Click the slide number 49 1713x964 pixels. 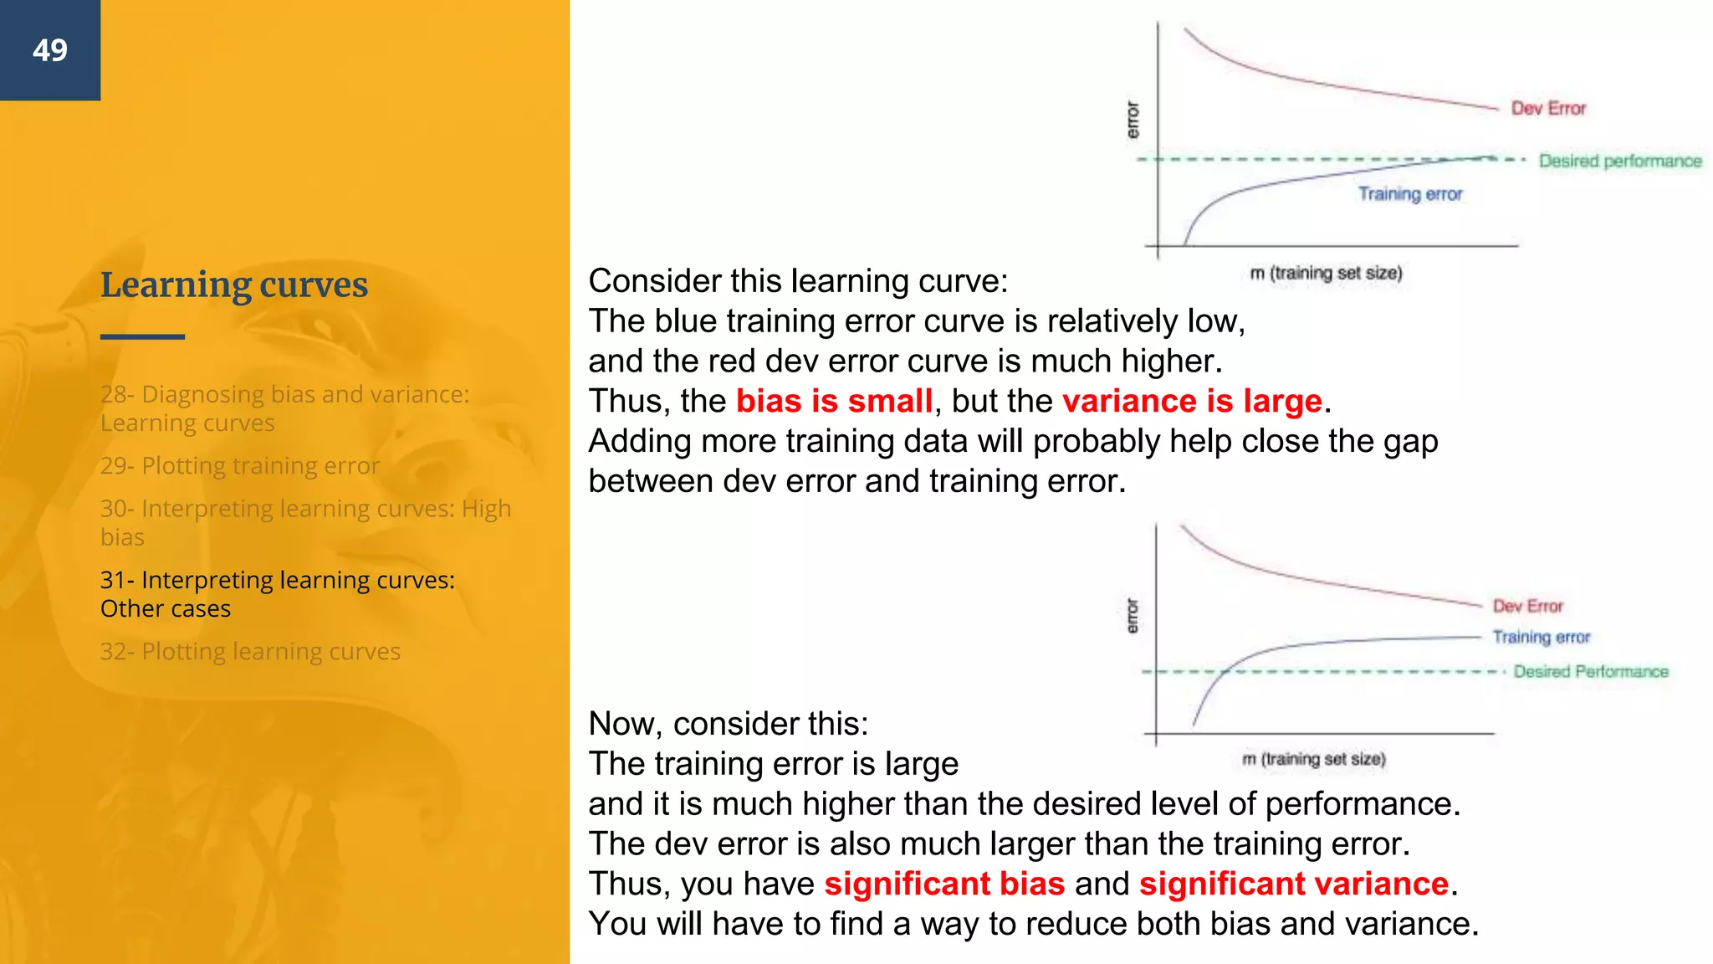tap(50, 50)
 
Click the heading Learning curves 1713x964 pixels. tap(234, 285)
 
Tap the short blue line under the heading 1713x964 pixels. tap(142, 336)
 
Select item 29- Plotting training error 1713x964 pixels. tap(240, 465)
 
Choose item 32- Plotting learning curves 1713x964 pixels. tap(250, 651)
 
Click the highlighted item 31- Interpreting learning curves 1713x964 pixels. tap(277, 593)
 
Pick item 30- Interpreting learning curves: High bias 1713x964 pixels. tap(304, 522)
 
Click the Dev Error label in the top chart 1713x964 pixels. tap(1547, 109)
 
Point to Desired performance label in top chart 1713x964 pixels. tap(1619, 161)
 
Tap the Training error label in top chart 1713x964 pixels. tap(1409, 194)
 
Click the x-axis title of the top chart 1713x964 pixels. tap(1326, 273)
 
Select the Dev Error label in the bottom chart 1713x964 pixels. tap(1527, 606)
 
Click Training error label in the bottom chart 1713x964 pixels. tap(1541, 637)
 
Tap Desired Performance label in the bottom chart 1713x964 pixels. tap(1590, 671)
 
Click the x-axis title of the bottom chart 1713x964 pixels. tap(1313, 759)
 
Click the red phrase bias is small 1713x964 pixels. tap(834, 402)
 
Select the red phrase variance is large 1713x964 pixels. tap(1192, 402)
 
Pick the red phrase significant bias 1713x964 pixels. tap(944, 884)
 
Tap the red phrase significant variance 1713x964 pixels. tap(1293, 884)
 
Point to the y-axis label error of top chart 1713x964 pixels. tap(1133, 120)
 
